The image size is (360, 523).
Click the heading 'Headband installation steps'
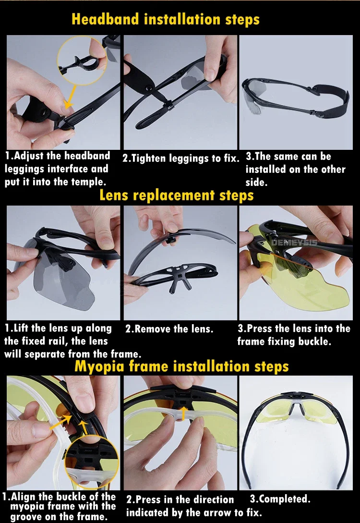tap(165, 19)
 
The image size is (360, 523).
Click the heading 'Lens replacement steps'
tap(177, 195)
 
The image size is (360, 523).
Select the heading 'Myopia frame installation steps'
tap(181, 366)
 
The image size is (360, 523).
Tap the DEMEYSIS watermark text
tap(294, 243)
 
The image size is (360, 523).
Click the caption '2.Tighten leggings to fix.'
tap(181, 158)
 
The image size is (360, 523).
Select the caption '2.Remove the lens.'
tap(169, 329)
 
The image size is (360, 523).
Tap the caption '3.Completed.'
tap(280, 499)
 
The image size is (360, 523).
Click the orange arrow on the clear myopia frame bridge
tap(183, 413)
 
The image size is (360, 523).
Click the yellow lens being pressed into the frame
tap(300, 287)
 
